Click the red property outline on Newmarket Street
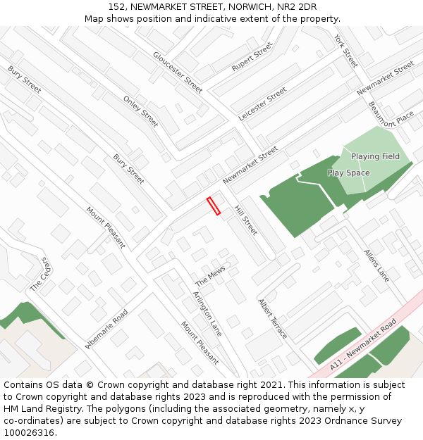[214, 206]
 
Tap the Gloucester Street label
[178, 72]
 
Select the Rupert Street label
[252, 57]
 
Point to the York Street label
[346, 51]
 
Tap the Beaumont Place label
[391, 113]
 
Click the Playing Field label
[375, 156]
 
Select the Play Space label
[348, 172]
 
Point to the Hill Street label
[246, 220]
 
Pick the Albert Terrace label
[272, 319]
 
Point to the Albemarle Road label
[106, 329]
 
